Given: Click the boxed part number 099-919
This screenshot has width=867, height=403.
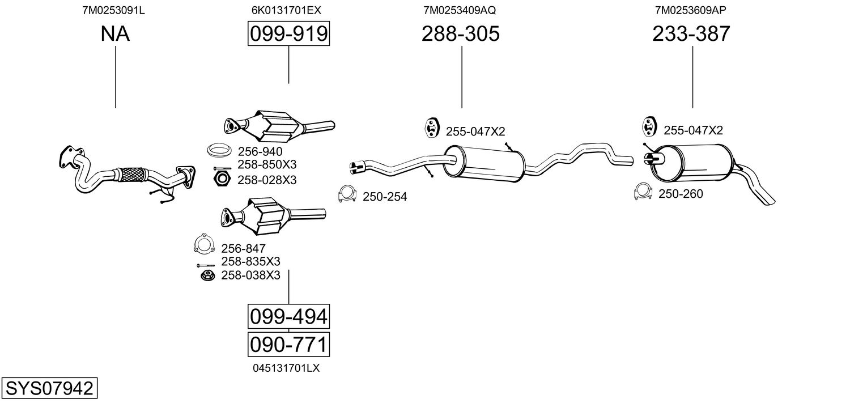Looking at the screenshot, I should (288, 34).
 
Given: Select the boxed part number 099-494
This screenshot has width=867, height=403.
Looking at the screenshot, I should (288, 316).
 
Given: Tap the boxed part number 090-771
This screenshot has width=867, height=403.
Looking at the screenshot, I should (288, 344).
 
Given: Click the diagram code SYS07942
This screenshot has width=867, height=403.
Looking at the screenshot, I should (49, 389).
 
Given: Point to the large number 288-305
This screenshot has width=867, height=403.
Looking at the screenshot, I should (461, 34).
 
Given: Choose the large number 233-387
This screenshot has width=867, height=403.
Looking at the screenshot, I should (691, 34).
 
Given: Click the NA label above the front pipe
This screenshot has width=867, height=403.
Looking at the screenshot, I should (115, 34).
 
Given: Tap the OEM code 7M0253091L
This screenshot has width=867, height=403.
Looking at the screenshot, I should (113, 10).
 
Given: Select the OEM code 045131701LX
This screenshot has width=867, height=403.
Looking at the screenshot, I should (287, 368).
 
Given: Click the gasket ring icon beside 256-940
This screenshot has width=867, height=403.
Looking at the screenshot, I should (218, 151).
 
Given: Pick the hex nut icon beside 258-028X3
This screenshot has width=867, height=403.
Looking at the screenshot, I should (221, 180).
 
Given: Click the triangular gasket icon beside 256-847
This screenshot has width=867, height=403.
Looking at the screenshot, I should (202, 244).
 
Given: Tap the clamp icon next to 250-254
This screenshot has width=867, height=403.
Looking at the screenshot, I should (346, 194).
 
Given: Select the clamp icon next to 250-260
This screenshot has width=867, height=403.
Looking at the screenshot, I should (643, 192).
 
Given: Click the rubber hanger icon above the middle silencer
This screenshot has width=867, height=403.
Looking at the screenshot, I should (432, 128).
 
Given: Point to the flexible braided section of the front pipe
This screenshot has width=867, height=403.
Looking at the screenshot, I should (131, 173).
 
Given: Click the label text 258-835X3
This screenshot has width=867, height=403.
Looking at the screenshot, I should (250, 261).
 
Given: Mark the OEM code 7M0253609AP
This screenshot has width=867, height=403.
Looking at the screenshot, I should (690, 10).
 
